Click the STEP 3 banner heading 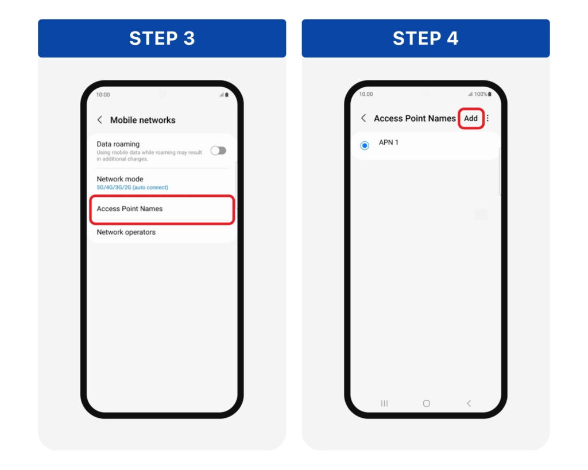pos(162,38)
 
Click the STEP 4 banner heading pos(425,38)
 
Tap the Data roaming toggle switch pos(218,151)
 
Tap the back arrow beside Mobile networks pos(100,120)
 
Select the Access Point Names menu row pos(162,209)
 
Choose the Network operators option pos(126,232)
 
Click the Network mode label pos(120,179)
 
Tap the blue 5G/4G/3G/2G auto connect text pos(133,188)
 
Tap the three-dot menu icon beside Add pos(488,118)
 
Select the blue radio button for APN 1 pos(365,145)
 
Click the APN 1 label pos(389,142)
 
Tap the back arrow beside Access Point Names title pos(363,118)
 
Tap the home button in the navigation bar pos(427,403)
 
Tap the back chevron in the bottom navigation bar pos(469,403)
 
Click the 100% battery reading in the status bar pos(481,94)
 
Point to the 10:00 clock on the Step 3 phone pos(103,95)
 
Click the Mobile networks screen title pos(143,120)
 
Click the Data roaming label pos(118,144)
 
